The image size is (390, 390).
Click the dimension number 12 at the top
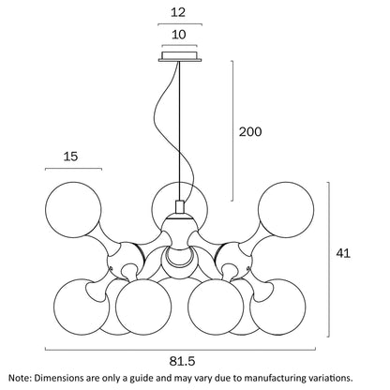pyautogui.click(x=178, y=12)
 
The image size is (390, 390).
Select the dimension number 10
pyautogui.click(x=179, y=35)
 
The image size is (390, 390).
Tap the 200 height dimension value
pyautogui.click(x=250, y=131)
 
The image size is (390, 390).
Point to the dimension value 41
pyautogui.click(x=343, y=253)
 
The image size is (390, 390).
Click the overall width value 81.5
pyautogui.click(x=182, y=361)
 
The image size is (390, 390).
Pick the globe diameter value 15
pyautogui.click(x=70, y=157)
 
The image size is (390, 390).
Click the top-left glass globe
pyautogui.click(x=73, y=209)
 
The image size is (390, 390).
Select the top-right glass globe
pyautogui.click(x=286, y=209)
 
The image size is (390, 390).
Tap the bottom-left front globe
pyautogui.click(x=143, y=307)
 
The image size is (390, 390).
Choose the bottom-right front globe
pyautogui.click(x=216, y=307)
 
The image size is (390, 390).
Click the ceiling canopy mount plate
pyautogui.click(x=180, y=56)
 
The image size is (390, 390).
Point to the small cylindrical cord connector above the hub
pyautogui.click(x=180, y=207)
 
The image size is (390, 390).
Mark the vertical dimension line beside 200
pyautogui.click(x=232, y=130)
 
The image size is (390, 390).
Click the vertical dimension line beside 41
pyautogui.click(x=328, y=260)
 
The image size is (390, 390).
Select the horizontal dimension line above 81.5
pyautogui.click(x=180, y=350)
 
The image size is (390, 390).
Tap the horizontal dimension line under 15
pyautogui.click(x=73, y=169)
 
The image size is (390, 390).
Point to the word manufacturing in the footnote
pyautogui.click(x=271, y=378)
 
